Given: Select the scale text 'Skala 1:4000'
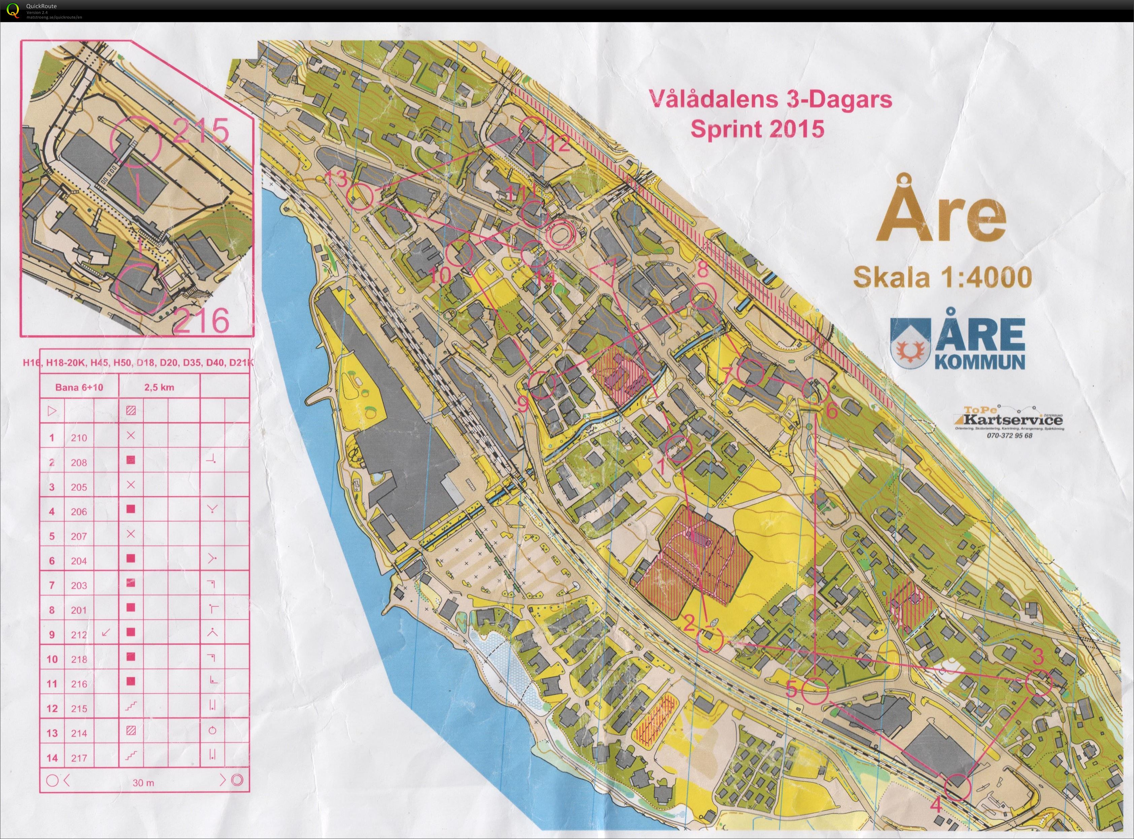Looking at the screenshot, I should point(942,278).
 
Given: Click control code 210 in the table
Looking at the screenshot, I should point(79,438).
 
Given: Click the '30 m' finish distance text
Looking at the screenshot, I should point(143,783).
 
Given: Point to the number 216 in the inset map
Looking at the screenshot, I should point(202,321).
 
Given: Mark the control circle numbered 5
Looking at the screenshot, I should point(814,691).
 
